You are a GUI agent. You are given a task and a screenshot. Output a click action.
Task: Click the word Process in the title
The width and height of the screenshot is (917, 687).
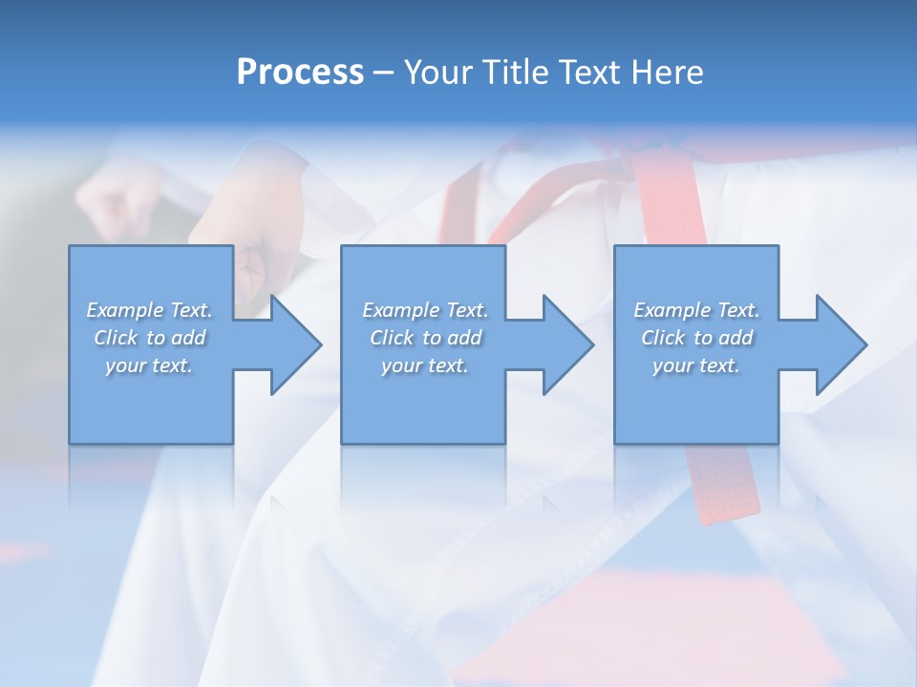coord(300,73)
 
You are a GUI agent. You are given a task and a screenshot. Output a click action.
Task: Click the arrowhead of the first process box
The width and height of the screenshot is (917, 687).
coord(296,344)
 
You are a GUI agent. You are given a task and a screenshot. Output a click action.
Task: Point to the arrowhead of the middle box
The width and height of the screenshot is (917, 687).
coord(568,344)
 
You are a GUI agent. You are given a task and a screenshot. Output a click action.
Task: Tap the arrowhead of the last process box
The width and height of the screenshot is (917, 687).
coord(842,344)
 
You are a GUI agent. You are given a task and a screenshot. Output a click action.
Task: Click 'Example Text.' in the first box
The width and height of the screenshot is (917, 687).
coord(149,310)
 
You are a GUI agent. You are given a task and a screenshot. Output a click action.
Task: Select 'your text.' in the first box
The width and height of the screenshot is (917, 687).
coord(149,365)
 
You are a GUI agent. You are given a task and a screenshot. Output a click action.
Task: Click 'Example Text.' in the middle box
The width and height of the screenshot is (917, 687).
coord(425,310)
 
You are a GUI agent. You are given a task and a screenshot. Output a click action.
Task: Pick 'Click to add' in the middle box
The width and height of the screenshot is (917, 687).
coord(425,338)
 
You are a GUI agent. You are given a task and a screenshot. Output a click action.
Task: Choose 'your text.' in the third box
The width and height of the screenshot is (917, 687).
coord(696,365)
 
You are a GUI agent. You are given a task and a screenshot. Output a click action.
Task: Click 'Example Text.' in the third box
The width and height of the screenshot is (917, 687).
coord(696,310)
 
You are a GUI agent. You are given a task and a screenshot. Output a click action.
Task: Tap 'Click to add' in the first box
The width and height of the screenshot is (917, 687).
coord(149,338)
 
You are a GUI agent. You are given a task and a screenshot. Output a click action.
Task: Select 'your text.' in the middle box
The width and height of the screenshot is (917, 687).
coord(425,365)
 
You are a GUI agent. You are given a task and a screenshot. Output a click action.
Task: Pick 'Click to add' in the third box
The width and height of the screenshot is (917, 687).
coord(696,338)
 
